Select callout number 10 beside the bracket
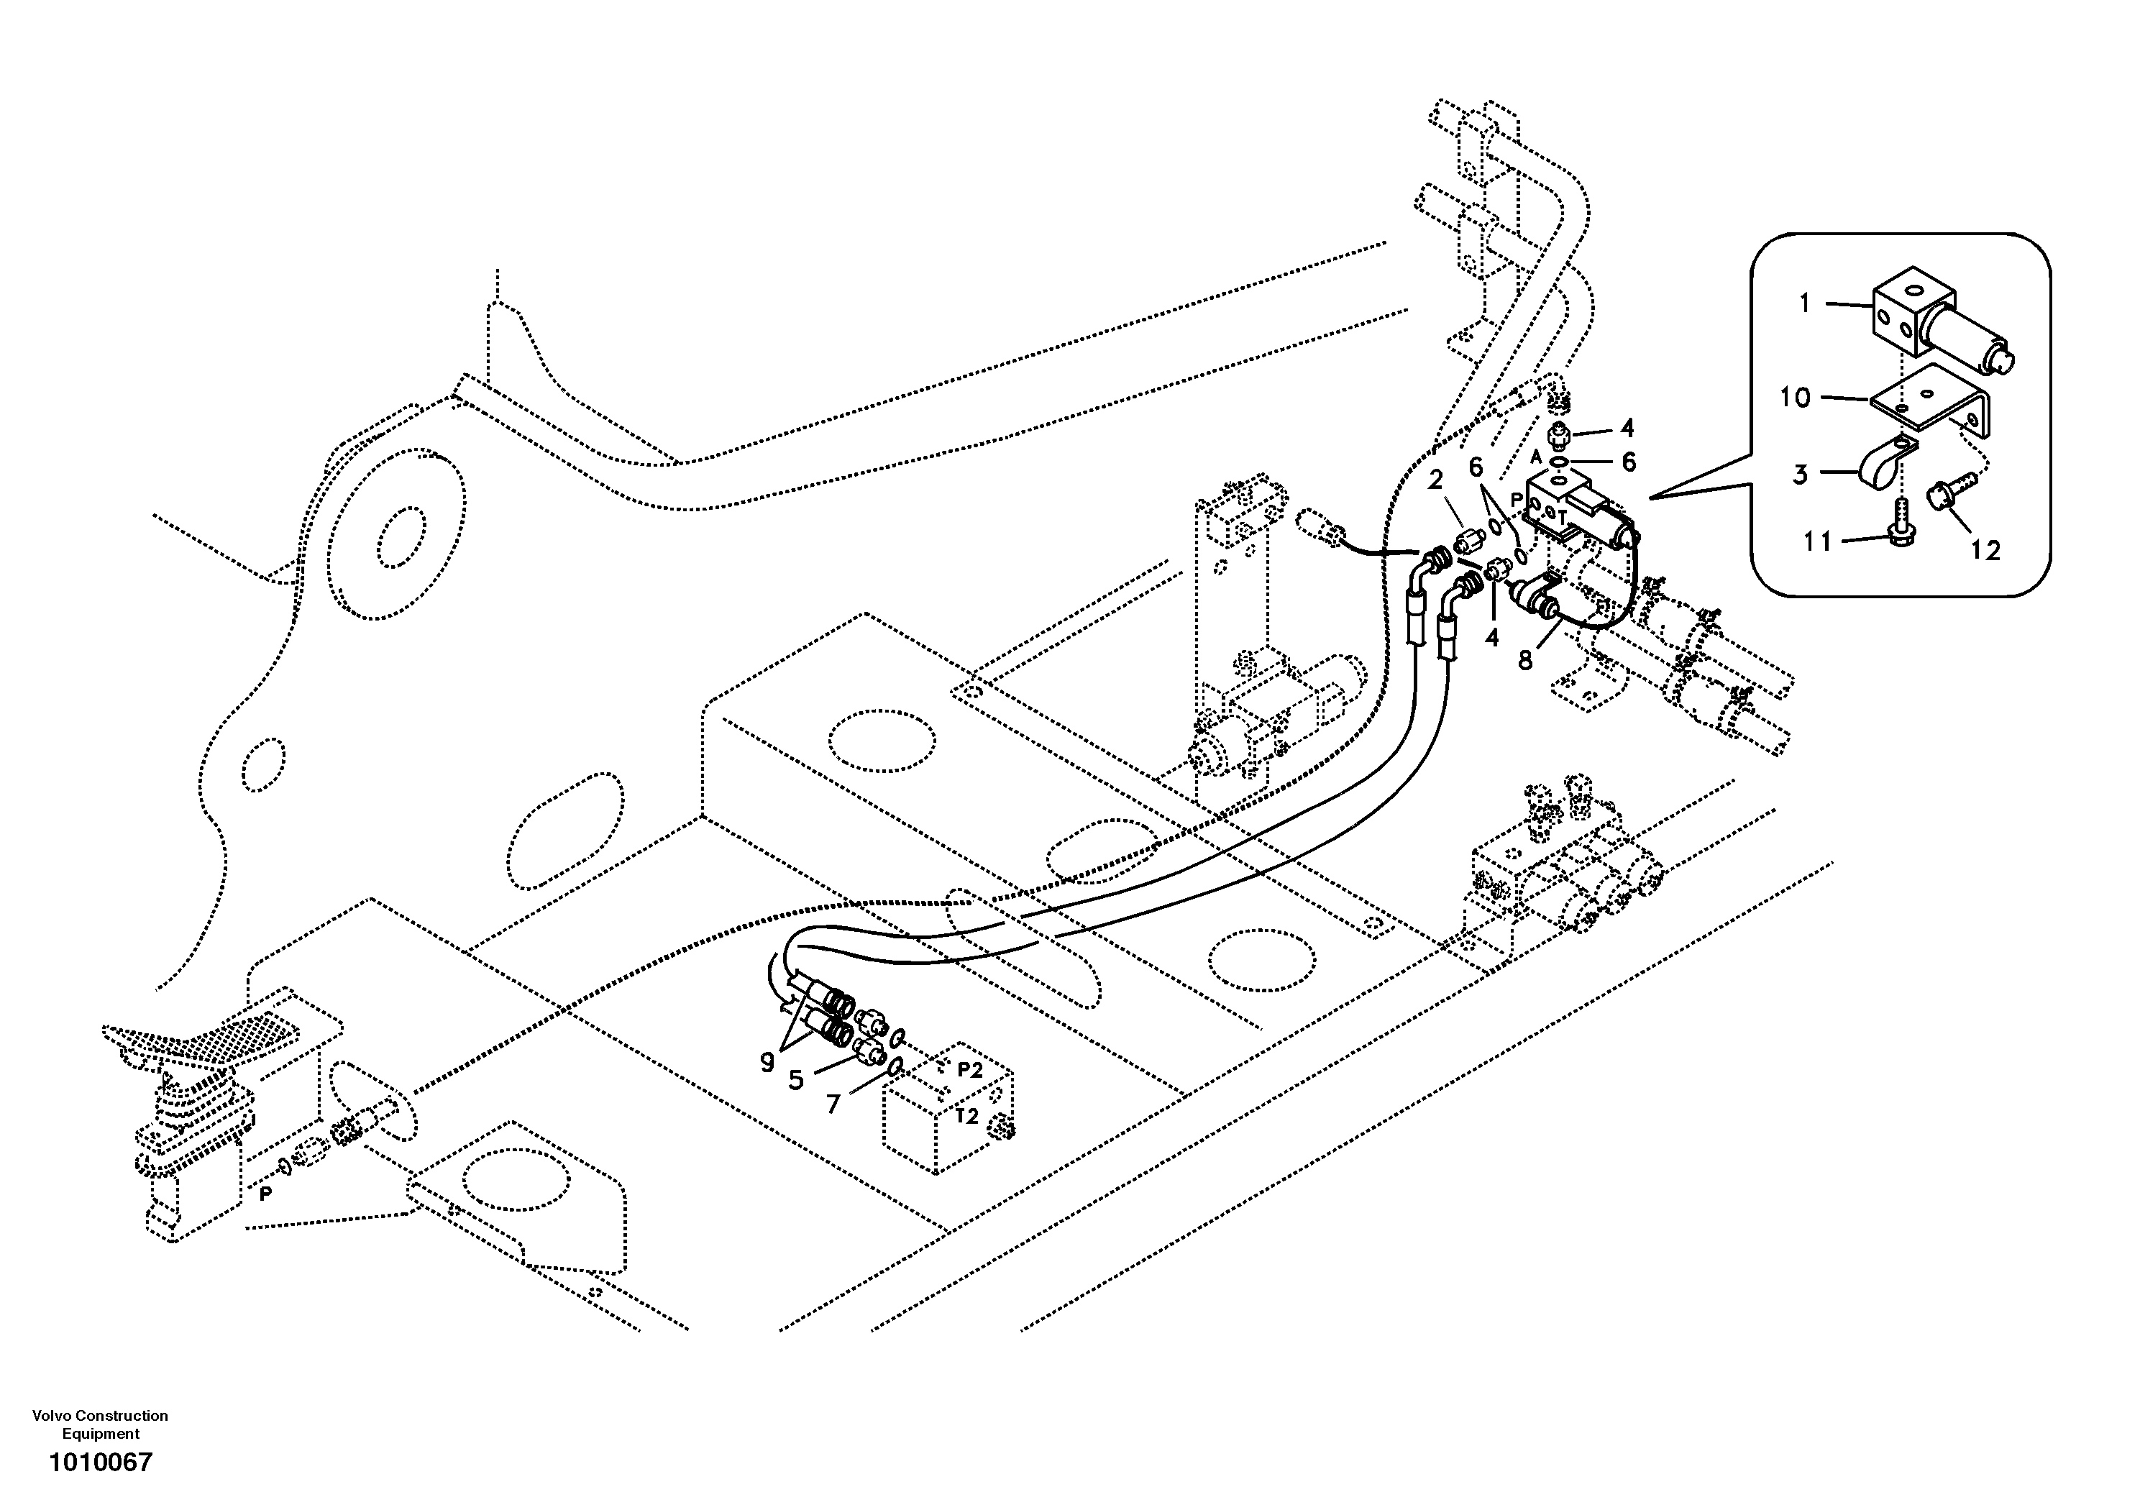pos(1794,398)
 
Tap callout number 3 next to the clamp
pos(1800,475)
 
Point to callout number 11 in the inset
pos(1816,541)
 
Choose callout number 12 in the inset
pos(1985,551)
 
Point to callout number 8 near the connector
pos(1525,660)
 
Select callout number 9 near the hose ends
pos(767,1063)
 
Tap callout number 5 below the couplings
pos(795,1080)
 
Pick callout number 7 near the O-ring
pos(833,1104)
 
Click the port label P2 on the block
pos(969,1070)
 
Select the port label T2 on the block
pos(966,1116)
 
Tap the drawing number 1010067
pos(100,1462)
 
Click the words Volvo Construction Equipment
pos(100,1424)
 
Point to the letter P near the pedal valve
pos(265,1193)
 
